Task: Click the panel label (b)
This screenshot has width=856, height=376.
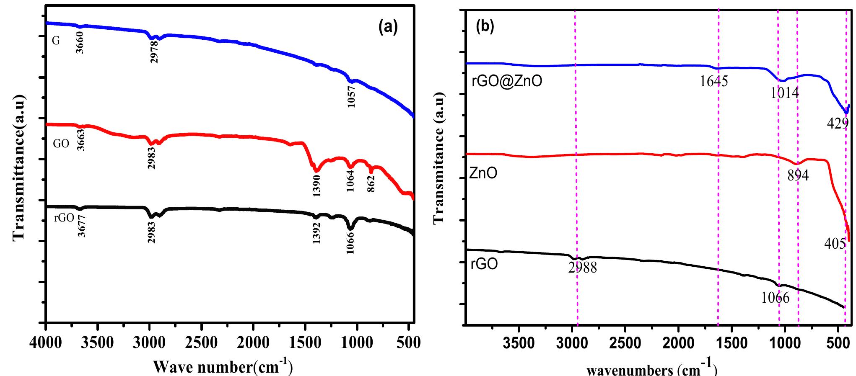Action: point(485,26)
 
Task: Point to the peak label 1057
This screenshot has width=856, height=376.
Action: point(351,97)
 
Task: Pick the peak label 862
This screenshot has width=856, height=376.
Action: point(371,183)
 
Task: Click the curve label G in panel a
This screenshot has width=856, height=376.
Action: point(55,41)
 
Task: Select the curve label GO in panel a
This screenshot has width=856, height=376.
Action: point(61,144)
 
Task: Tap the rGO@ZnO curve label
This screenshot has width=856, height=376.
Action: point(506,81)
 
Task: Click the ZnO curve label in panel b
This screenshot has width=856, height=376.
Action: point(483,173)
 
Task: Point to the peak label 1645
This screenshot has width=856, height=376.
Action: point(714,81)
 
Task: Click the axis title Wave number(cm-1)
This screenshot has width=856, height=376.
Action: point(222,366)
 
